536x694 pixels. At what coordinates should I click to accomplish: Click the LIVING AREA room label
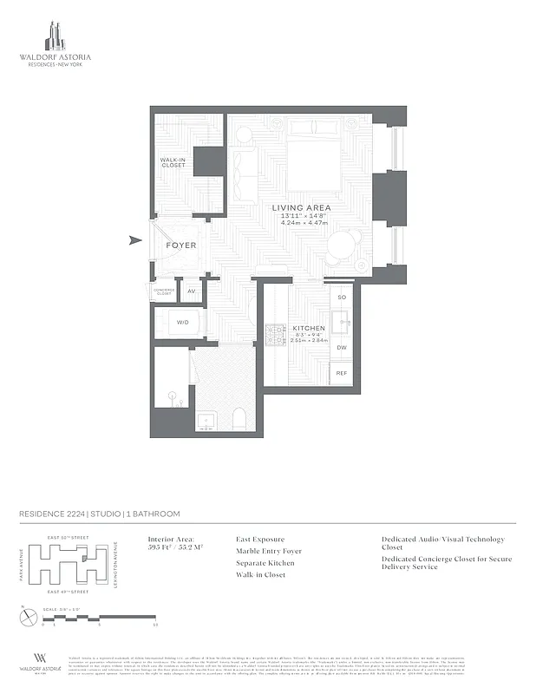[x=301, y=208]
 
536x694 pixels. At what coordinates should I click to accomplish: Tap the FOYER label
[x=180, y=246]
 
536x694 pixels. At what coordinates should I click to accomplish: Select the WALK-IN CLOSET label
[x=173, y=162]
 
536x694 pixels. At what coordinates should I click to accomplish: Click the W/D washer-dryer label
[x=182, y=323]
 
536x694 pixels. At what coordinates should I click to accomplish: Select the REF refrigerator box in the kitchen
[x=342, y=372]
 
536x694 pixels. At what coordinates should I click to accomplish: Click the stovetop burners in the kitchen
[x=276, y=334]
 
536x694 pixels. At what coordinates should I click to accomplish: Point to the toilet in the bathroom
[x=240, y=421]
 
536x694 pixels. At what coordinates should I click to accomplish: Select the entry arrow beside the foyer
[x=134, y=241]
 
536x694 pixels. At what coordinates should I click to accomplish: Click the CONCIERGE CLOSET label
[x=164, y=291]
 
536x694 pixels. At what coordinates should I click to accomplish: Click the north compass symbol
[x=26, y=618]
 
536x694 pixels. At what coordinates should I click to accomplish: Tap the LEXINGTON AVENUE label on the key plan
[x=114, y=565]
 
